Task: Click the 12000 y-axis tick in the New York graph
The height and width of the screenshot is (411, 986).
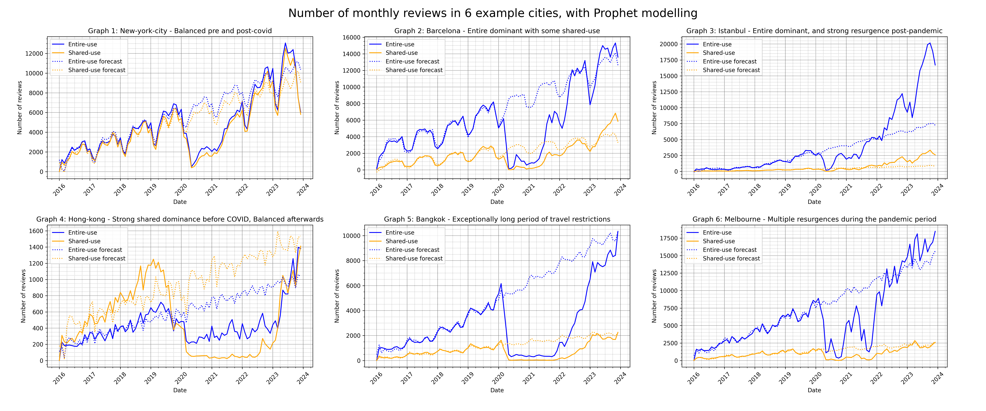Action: pos(34,54)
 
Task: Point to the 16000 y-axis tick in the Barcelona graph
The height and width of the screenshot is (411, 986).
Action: pos(351,38)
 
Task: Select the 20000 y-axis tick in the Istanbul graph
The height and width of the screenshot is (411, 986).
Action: pos(669,44)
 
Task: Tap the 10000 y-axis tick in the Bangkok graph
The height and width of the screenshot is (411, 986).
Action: pos(351,236)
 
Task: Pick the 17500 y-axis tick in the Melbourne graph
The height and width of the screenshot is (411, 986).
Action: pos(669,238)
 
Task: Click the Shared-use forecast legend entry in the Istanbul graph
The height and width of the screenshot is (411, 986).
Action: pos(731,70)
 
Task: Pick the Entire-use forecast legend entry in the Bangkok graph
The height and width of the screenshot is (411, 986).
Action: pos(412,250)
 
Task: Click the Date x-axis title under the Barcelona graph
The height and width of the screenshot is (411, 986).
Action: pos(497,202)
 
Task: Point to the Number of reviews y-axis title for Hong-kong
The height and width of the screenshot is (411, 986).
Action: pos(23,296)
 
